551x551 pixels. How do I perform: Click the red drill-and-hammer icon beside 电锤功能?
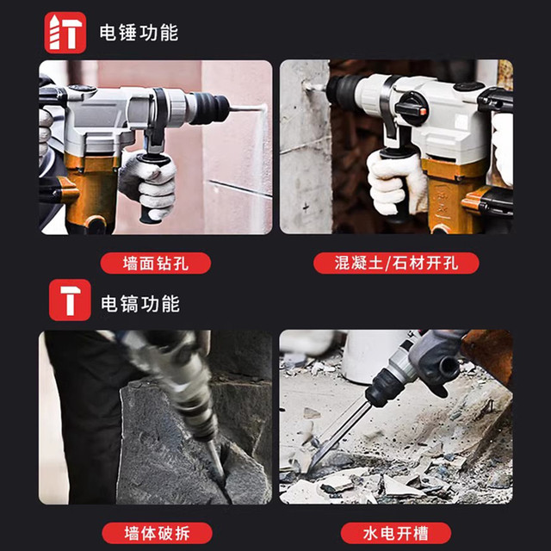(65, 33)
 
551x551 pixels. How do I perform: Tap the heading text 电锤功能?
(139, 33)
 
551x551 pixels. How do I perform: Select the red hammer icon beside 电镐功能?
(70, 300)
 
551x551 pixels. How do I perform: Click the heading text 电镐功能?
(140, 304)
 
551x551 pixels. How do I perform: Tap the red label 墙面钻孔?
(156, 263)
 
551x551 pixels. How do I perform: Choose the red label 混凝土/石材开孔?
(396, 263)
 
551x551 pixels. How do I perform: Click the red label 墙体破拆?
(157, 533)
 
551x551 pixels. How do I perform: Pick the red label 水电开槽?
(396, 533)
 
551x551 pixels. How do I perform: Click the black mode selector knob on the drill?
(412, 108)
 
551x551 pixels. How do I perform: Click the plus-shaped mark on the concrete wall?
(306, 207)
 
